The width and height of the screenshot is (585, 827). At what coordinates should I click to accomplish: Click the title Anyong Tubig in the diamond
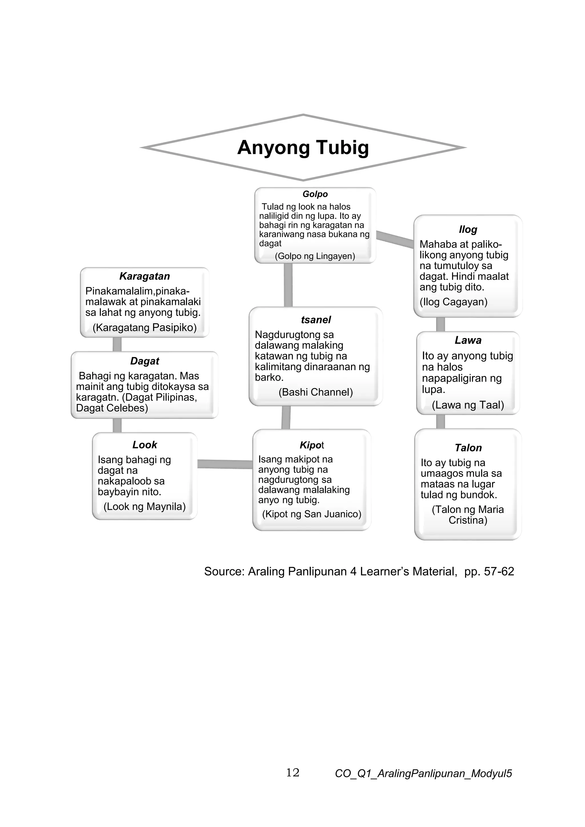coord(303,148)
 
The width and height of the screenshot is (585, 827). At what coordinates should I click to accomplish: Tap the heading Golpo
coord(315,194)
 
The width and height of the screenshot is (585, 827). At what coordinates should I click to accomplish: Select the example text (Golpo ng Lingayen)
coord(315,256)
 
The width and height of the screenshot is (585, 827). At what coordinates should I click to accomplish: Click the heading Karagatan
coord(145,276)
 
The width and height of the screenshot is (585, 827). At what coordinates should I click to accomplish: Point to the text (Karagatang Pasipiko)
coord(145,328)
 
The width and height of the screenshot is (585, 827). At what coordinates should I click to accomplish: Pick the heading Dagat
coord(145,361)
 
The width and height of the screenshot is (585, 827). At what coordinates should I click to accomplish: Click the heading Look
coord(145,445)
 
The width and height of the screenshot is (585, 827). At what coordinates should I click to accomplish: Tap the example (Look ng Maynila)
coord(145,506)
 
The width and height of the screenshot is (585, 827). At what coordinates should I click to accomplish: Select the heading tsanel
coord(316,320)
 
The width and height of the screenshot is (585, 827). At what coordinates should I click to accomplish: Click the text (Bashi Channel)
coord(316,392)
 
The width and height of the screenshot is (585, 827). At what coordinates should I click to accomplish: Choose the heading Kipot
coord(311,445)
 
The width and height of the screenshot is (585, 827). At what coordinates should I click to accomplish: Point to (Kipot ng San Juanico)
coord(312,514)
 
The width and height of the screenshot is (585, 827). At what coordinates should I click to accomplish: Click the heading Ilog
coord(468,229)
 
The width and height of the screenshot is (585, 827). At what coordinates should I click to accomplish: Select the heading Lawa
coord(468,340)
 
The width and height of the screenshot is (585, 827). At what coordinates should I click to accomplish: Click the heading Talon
coord(468,448)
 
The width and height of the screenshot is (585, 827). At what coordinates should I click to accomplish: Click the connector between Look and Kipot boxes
coord(225,464)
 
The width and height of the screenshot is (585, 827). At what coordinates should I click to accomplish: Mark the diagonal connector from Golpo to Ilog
coord(395,239)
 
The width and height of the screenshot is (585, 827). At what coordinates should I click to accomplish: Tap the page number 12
coord(292,773)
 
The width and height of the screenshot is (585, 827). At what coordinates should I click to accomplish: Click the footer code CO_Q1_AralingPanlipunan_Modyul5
coord(423,773)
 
